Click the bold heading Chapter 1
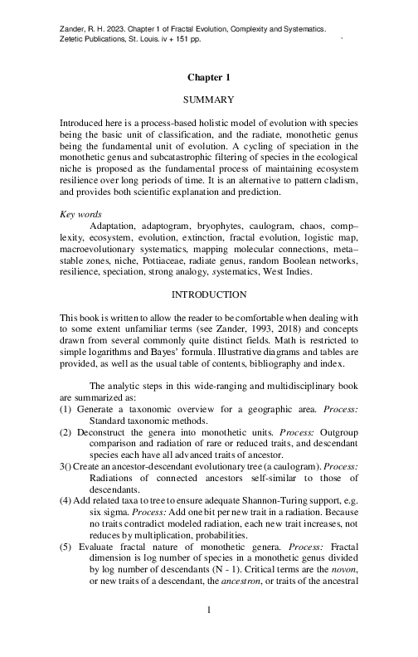point(208,77)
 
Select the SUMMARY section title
point(208,100)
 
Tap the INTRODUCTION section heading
point(208,294)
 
